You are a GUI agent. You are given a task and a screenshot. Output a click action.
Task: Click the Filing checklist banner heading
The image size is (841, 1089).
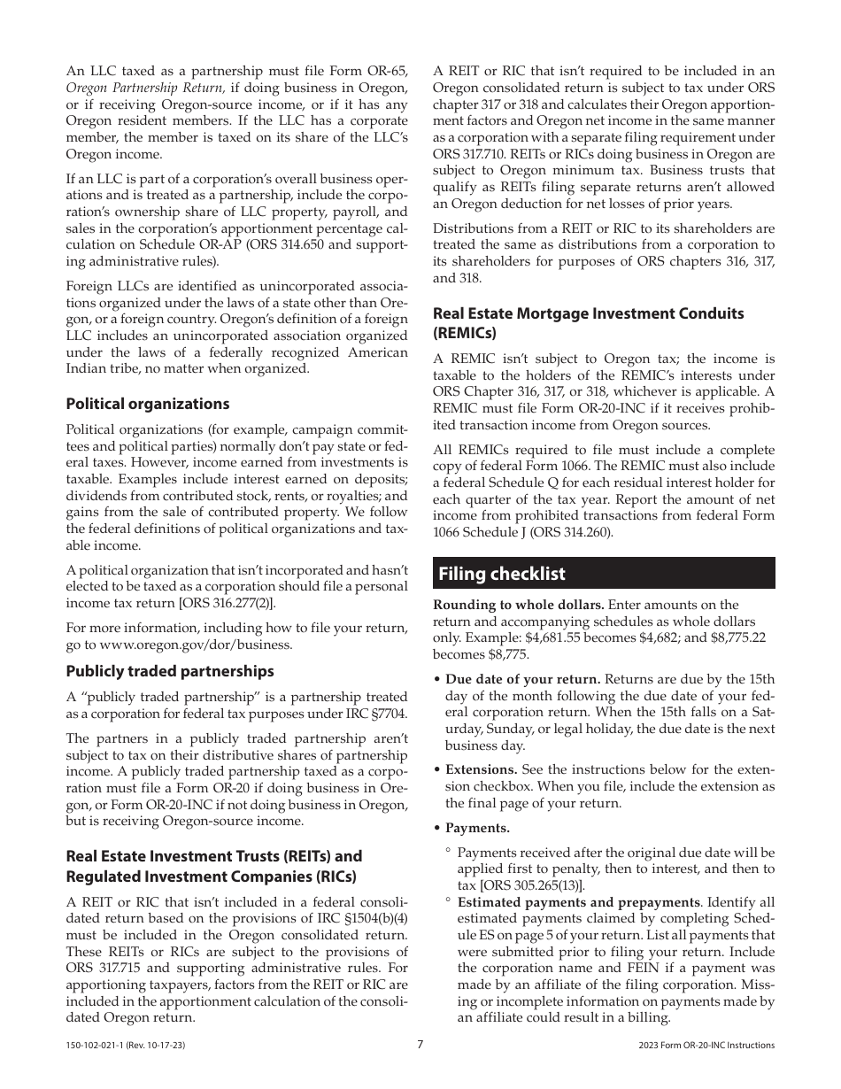502,574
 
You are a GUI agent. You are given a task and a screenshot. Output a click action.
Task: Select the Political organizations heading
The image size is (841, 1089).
148,404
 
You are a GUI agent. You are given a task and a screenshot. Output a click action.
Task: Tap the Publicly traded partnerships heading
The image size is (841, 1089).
170,671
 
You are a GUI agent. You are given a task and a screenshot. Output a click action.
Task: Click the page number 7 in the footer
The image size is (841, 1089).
420,1045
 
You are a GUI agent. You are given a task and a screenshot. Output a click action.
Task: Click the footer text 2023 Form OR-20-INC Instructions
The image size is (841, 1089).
706,1046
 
